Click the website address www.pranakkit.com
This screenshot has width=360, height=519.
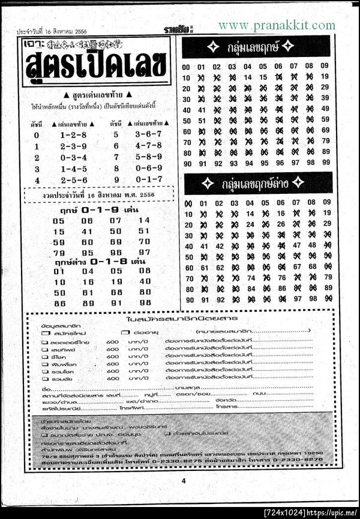pos(277,25)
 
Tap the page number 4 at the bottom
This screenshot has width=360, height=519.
pos(184,480)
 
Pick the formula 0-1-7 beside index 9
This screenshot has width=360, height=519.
pos(149,179)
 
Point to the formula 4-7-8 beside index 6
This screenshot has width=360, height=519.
pos(149,146)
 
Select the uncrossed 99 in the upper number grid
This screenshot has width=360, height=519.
pos(325,163)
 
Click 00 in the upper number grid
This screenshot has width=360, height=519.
pos(187,67)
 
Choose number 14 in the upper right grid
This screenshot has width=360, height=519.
pos(248,77)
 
